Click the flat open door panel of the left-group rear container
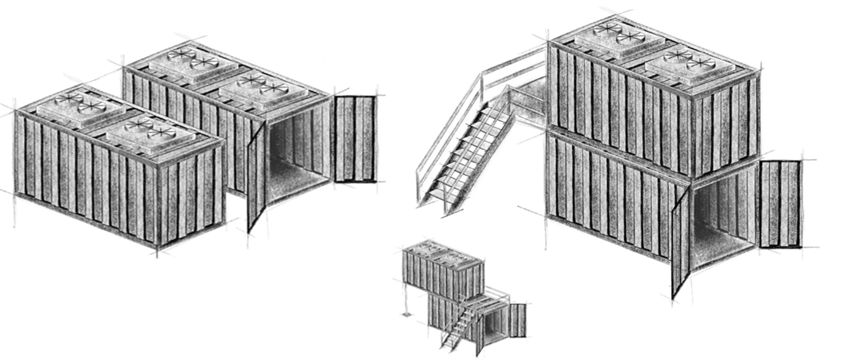tap(355, 139)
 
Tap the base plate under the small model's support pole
tap(406, 314)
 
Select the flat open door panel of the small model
tap(517, 320)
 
